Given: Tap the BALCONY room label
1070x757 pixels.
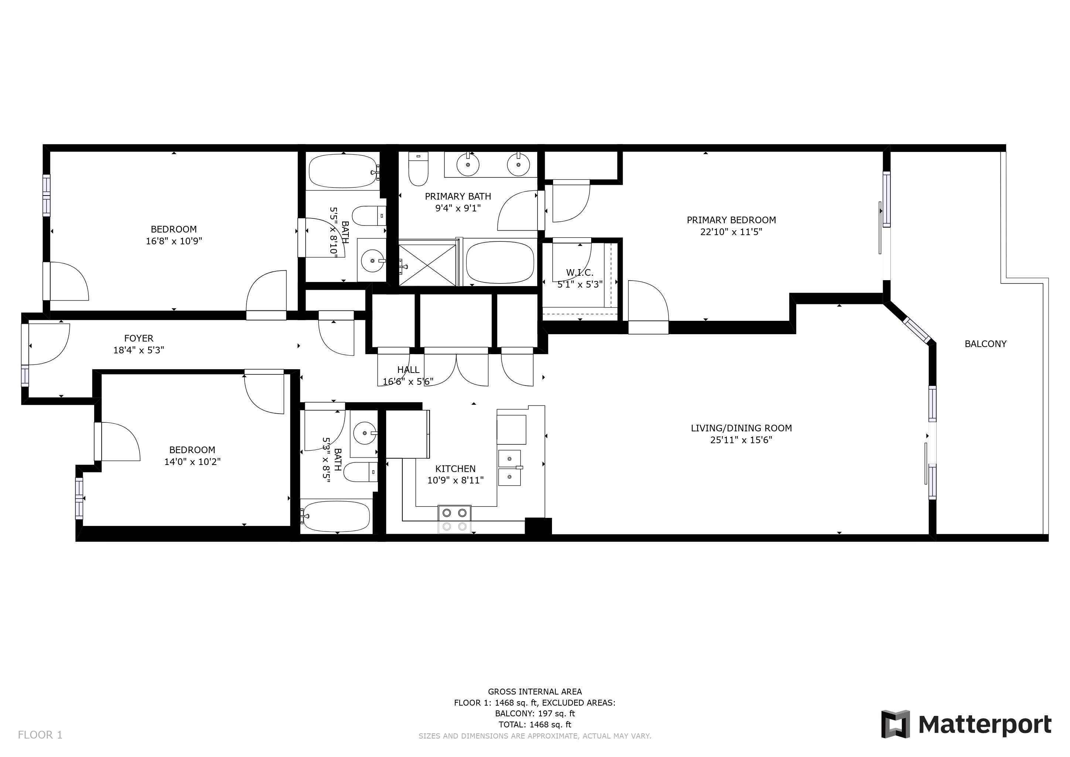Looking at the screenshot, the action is click(985, 344).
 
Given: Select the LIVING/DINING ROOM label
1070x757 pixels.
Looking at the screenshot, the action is click(741, 428).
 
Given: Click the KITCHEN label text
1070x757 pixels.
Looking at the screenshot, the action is click(455, 469).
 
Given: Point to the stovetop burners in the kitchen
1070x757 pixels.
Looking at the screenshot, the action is click(454, 519).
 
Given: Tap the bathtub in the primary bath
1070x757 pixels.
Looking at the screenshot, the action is click(500, 262).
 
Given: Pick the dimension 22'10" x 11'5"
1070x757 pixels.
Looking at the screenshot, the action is click(731, 232).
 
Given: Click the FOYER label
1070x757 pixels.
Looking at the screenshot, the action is click(139, 339).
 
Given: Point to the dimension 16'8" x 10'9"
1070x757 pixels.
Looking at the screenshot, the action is click(174, 241).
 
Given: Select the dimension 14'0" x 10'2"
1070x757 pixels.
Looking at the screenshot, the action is click(192, 461).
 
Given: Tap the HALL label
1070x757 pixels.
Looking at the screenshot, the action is click(408, 370).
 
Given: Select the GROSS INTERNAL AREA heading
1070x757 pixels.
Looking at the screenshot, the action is click(535, 692).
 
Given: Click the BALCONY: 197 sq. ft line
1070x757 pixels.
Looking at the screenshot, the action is click(535, 714).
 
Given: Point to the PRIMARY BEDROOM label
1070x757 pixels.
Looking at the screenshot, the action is click(731, 220).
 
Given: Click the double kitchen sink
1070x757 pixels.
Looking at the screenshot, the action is click(510, 468).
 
